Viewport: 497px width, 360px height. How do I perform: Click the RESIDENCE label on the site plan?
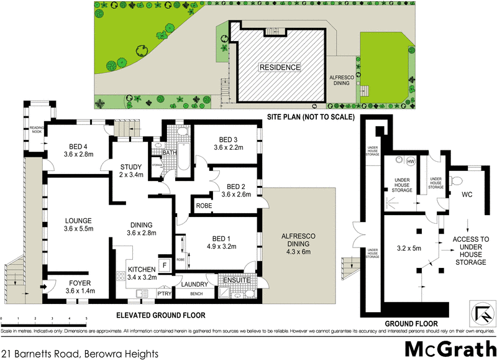pos(280,67)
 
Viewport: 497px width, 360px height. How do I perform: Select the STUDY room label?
pos(131,167)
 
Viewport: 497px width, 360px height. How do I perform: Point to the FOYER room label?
pos(79,282)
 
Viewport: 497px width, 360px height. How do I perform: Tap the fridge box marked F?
pos(164,264)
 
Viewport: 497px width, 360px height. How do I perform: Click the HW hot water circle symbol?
pos(410,162)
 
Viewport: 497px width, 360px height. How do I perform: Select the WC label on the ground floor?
pos(467,195)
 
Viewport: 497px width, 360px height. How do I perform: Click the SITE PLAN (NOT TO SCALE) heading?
pos(310,117)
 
